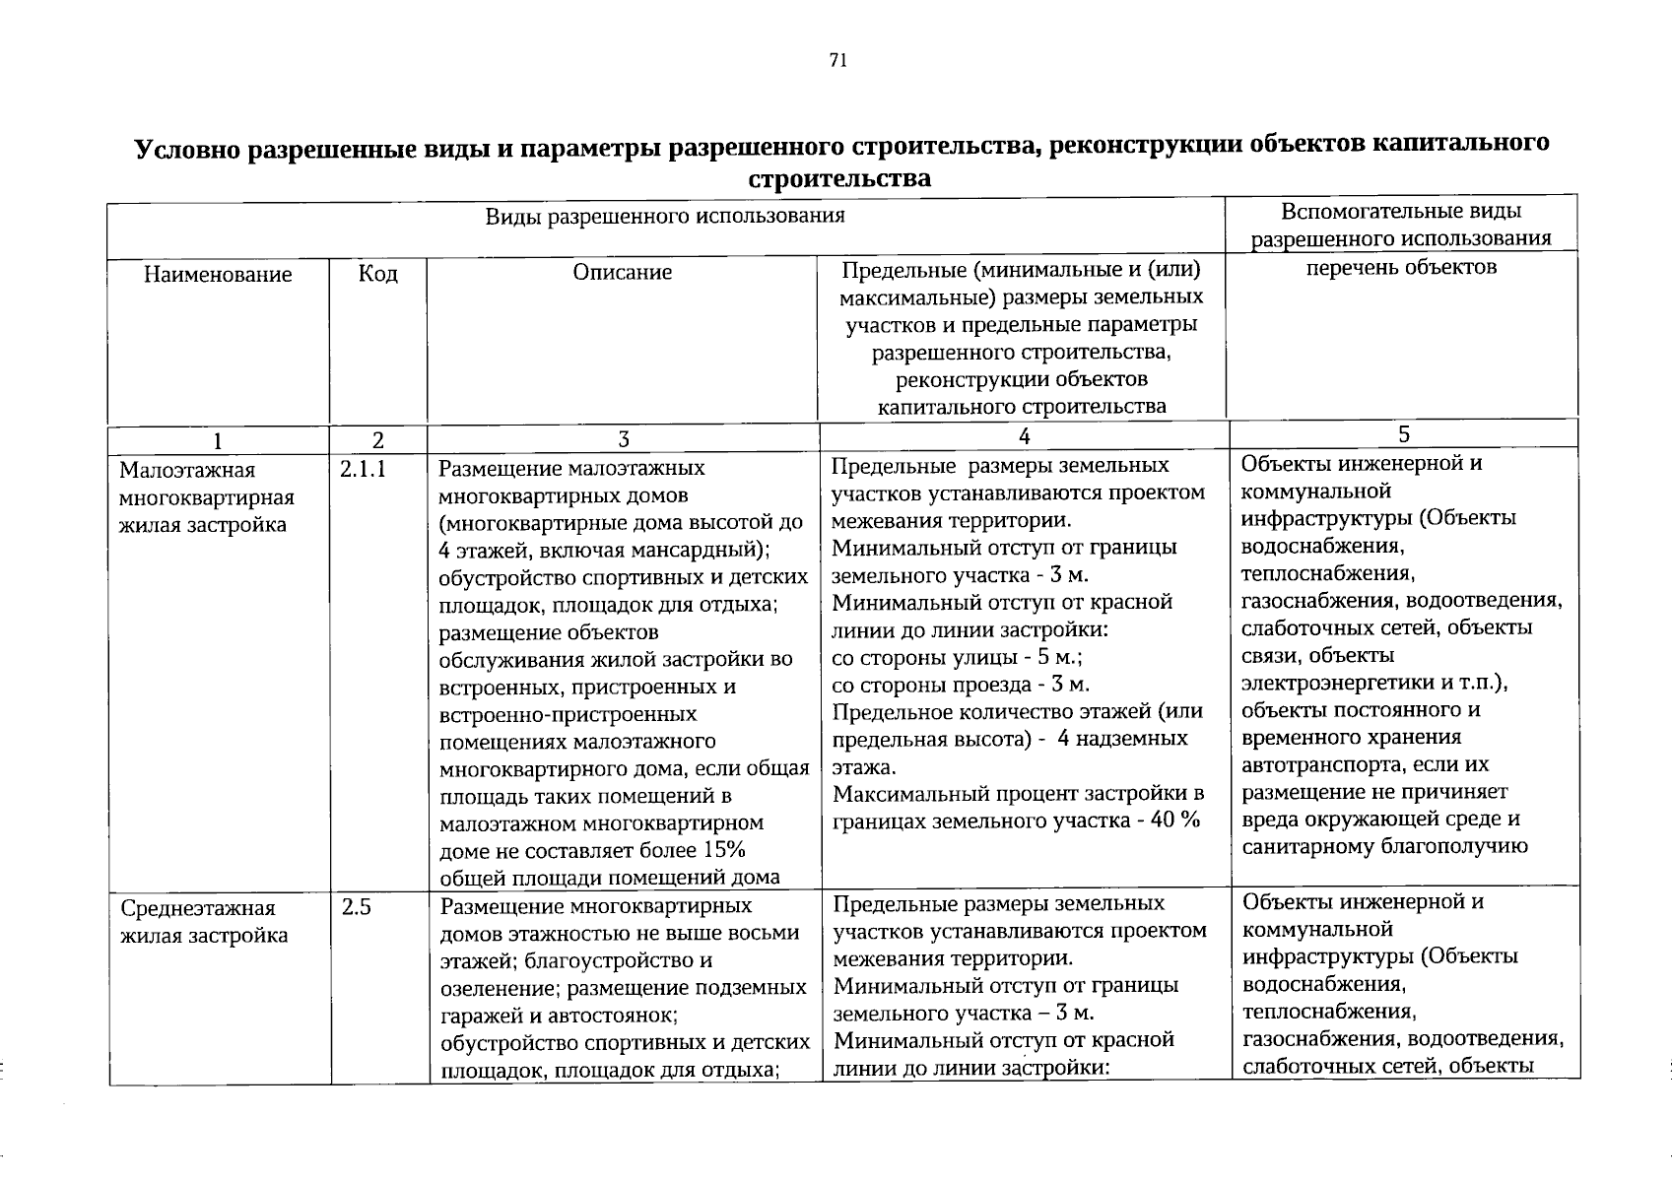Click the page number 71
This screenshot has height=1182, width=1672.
pyautogui.click(x=837, y=60)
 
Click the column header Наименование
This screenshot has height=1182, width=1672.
pyautogui.click(x=218, y=275)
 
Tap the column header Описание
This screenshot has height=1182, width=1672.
pyautogui.click(x=623, y=273)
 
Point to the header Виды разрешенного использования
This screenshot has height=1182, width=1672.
pyautogui.click(x=665, y=216)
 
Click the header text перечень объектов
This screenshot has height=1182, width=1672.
pyautogui.click(x=1401, y=268)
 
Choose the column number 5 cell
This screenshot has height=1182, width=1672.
pyautogui.click(x=1404, y=434)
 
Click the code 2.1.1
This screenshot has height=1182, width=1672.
pyautogui.click(x=362, y=471)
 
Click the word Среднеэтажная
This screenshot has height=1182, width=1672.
pyautogui.click(x=183, y=908)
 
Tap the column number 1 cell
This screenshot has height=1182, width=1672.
pyautogui.click(x=218, y=439)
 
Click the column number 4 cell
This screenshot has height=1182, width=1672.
pyautogui.click(x=1024, y=436)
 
